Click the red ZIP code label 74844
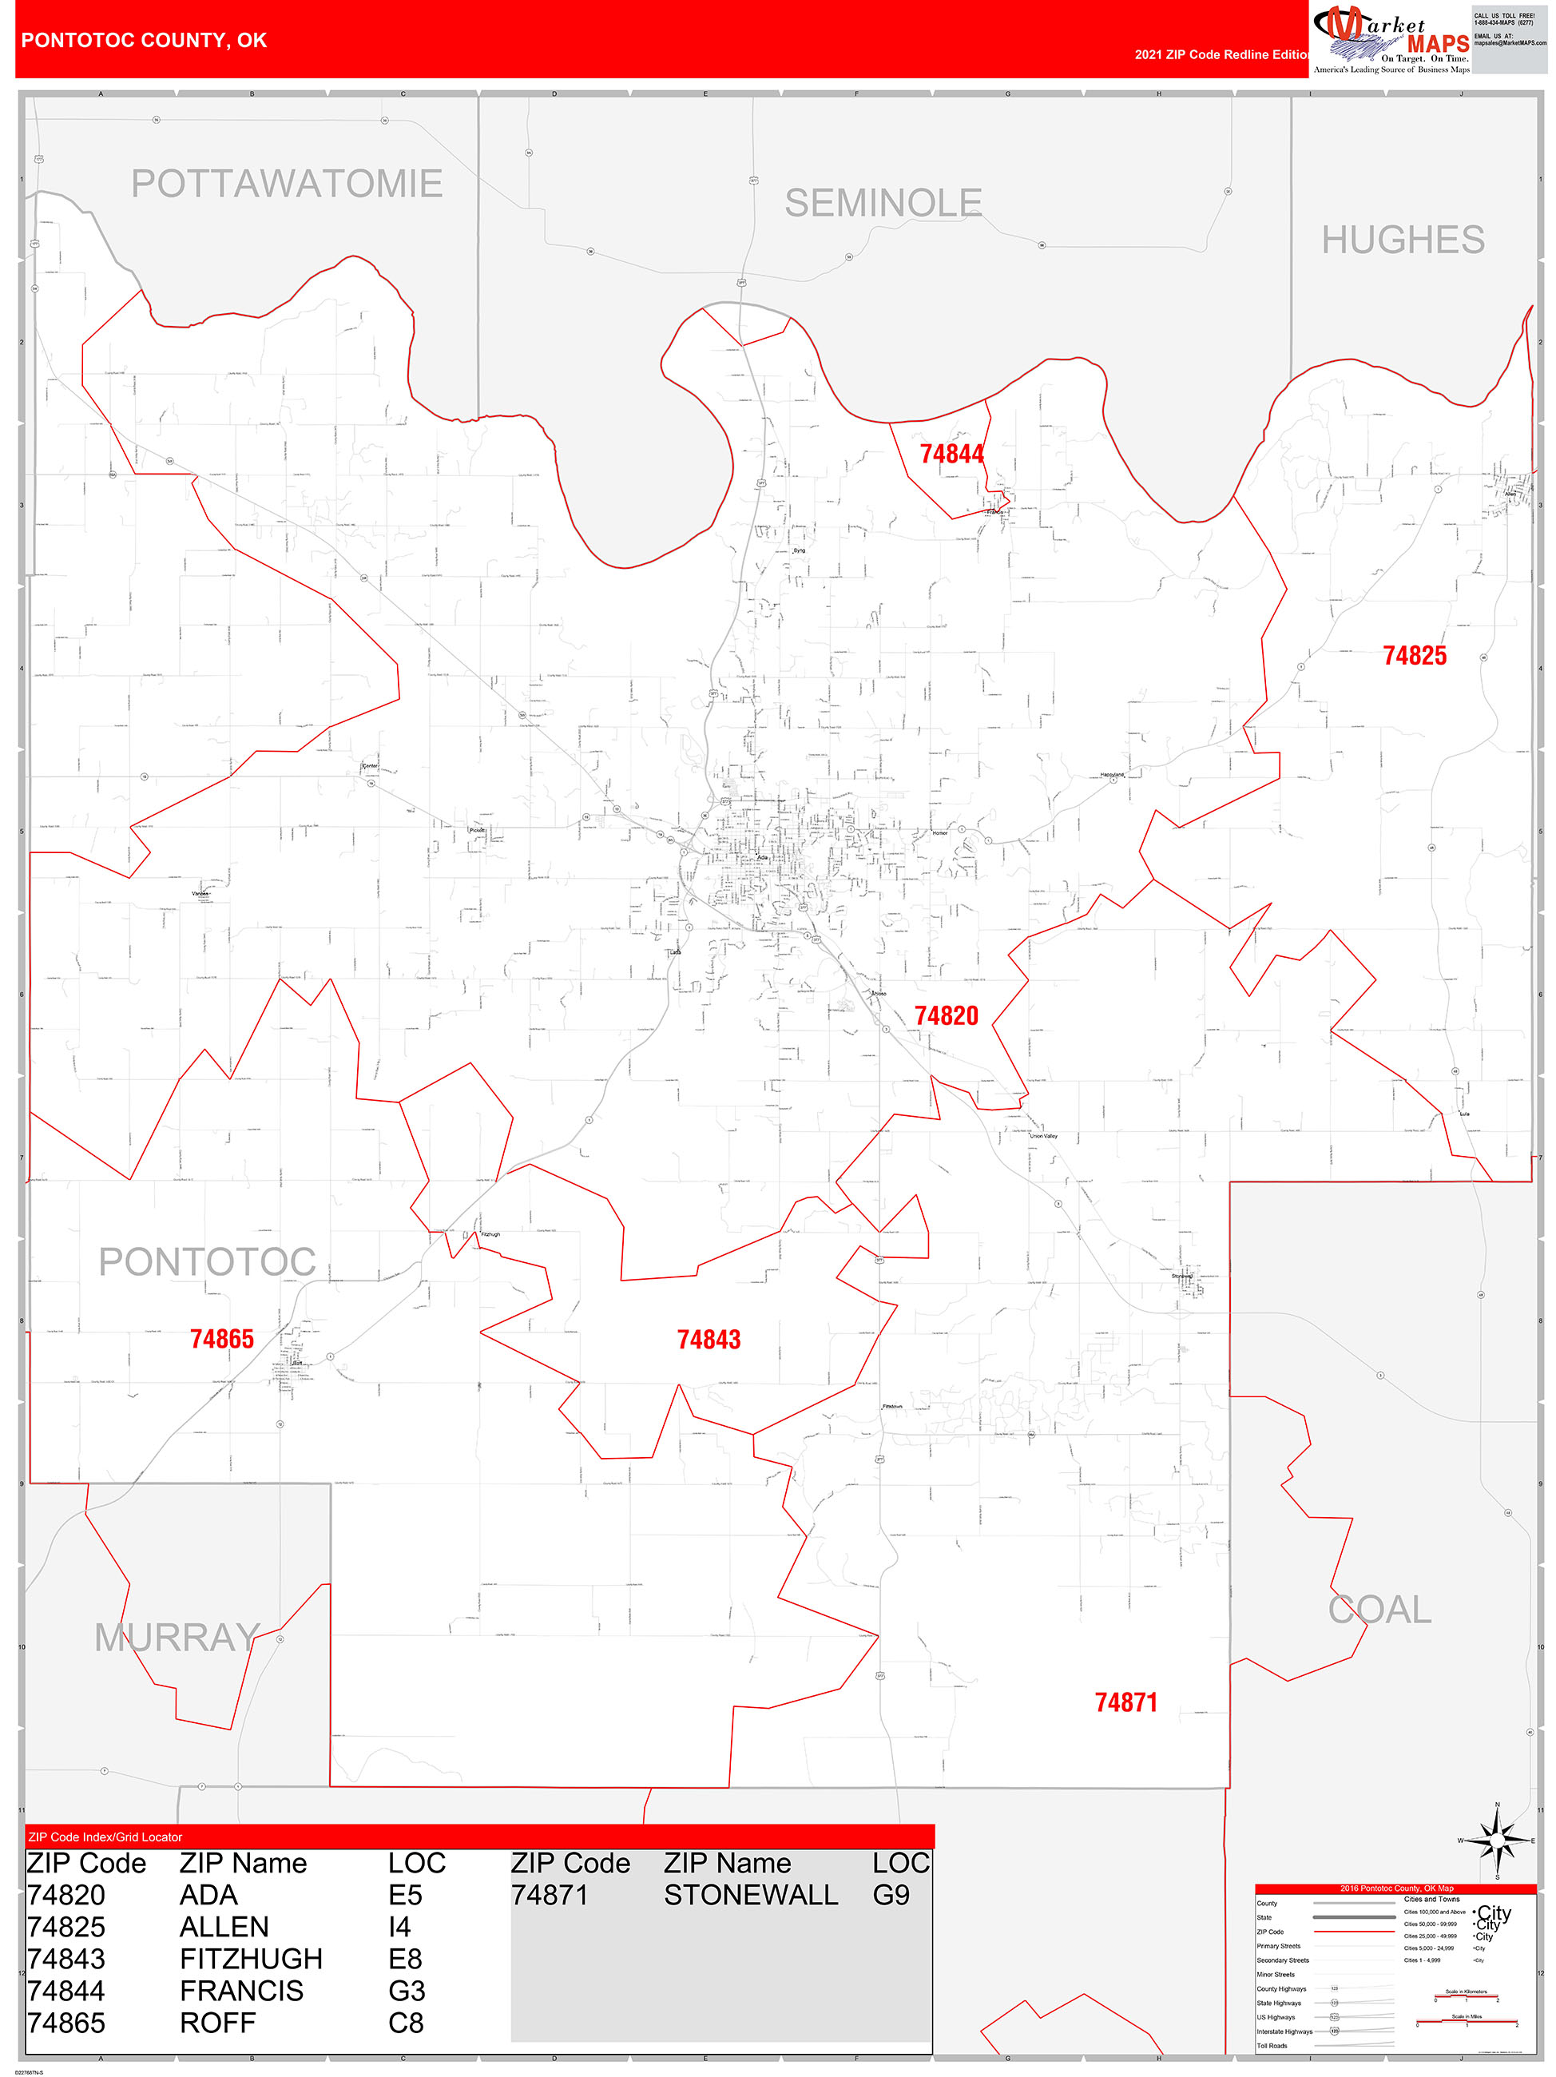(951, 455)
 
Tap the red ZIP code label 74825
(1414, 657)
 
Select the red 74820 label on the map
(946, 1016)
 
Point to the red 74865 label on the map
(221, 1339)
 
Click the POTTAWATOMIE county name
(287, 184)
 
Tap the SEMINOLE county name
(883, 204)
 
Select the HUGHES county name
(1403, 240)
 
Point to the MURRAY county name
(177, 1638)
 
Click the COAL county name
(1379, 1610)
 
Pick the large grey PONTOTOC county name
(207, 1262)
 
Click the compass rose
(1497, 1841)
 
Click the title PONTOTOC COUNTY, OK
(144, 41)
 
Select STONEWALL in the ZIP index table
(750, 1895)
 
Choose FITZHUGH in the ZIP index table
(251, 1959)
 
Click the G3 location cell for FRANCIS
(407, 1991)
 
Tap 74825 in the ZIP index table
(65, 1927)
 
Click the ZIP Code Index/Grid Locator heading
(105, 1837)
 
